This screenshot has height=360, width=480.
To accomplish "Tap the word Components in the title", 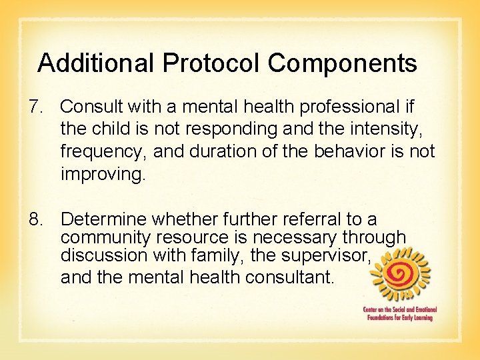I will [343, 63].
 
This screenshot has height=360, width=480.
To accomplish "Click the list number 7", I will [36, 107].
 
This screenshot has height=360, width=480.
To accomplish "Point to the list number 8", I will [36, 219].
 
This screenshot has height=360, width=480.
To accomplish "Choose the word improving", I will [101, 174].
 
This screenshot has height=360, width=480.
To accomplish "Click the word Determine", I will [105, 219].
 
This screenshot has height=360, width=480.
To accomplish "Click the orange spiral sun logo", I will [400, 274].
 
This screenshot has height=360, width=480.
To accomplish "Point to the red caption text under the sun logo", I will [398, 313].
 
